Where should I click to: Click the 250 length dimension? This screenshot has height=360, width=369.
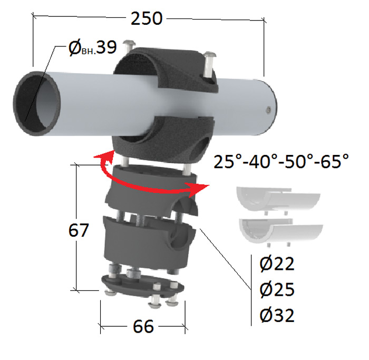click(147, 18)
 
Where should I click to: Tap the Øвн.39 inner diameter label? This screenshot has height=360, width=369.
click(92, 48)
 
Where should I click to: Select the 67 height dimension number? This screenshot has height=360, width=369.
click(79, 230)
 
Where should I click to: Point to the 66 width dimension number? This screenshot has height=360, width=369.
click(143, 326)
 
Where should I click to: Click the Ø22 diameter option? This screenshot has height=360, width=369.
click(277, 264)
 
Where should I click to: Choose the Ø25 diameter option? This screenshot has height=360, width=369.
click(277, 289)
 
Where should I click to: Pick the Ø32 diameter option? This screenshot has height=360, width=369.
click(277, 315)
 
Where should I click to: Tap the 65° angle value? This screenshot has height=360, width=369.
click(335, 161)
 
